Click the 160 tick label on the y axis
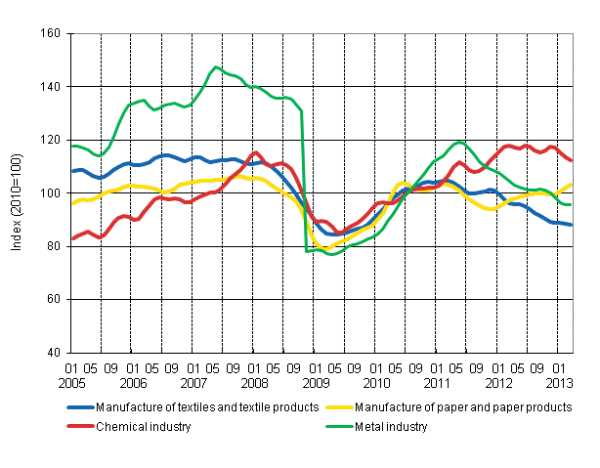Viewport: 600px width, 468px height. click(x=51, y=33)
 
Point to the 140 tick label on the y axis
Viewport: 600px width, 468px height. click(x=51, y=87)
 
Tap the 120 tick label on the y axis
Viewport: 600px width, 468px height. click(x=51, y=140)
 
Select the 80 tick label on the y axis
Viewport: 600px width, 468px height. click(x=54, y=246)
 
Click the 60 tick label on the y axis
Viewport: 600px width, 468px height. click(x=54, y=300)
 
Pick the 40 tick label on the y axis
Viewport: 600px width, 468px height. click(x=54, y=353)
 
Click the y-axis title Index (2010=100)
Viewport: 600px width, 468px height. click(x=18, y=193)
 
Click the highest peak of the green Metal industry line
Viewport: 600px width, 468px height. click(x=215, y=66)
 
